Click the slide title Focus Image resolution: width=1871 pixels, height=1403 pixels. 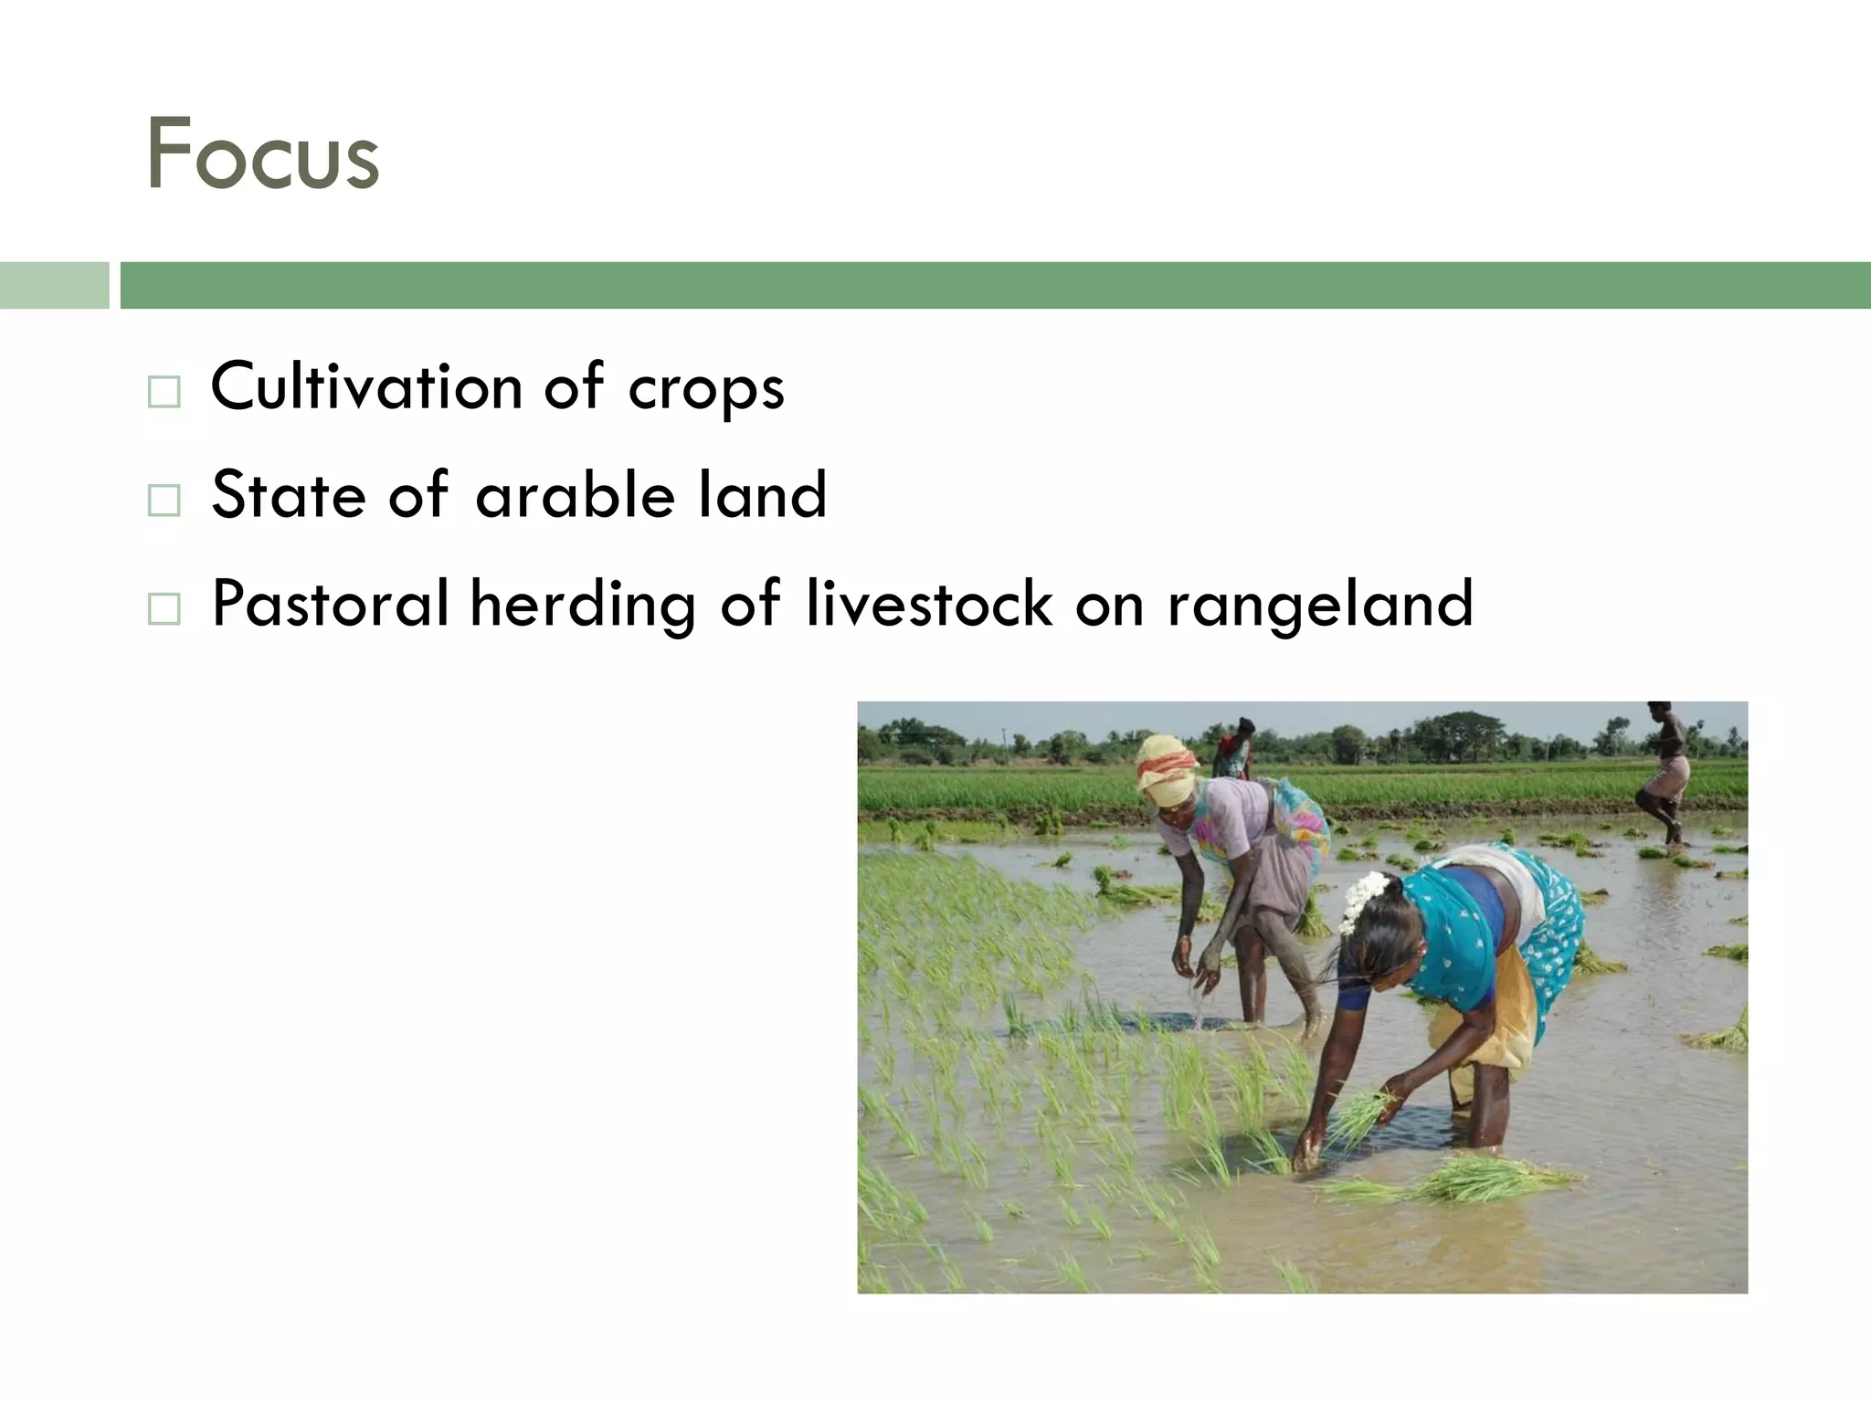[262, 154]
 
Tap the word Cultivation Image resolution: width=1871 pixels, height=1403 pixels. [365, 387]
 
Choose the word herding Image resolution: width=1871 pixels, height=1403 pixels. [583, 606]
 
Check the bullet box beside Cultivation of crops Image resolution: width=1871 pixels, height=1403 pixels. [164, 392]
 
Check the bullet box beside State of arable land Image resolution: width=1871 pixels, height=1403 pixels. [164, 500]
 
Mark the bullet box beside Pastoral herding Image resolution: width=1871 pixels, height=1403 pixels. [164, 608]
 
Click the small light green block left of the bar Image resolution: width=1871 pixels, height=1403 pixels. [54, 285]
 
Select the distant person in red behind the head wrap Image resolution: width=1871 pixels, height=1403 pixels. [1234, 748]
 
